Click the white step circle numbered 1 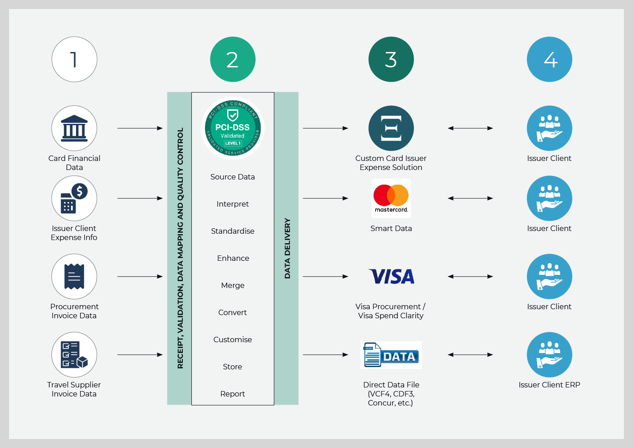[74, 59]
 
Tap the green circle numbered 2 [233, 59]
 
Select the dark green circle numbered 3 [391, 59]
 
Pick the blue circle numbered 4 [549, 59]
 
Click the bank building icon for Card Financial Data [74, 128]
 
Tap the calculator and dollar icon [74, 198]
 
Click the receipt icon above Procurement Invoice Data [74, 277]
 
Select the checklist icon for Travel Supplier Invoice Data [74, 355]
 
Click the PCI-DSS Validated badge [233, 128]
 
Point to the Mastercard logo [391, 198]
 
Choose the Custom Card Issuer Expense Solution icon [391, 128]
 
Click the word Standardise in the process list [233, 231]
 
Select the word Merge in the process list [233, 285]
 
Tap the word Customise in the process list [233, 340]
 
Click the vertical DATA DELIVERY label [287, 248]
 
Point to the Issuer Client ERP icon [549, 355]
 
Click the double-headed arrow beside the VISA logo [470, 277]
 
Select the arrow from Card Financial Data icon [140, 128]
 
